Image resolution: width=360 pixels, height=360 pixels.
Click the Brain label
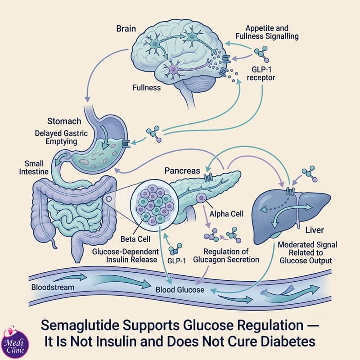pos(126,29)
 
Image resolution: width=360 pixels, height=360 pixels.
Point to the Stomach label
pos(64,121)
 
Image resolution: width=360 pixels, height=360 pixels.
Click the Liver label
pos(315,230)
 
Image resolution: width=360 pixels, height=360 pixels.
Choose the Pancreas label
pos(182,171)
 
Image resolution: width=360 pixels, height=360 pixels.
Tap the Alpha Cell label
pos(226,214)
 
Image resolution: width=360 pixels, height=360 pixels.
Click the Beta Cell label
pos(135,239)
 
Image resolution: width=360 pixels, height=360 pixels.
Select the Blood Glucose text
pos(180,290)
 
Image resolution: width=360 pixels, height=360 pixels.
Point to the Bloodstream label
pos(53,287)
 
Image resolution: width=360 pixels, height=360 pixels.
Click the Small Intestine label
pos(34,167)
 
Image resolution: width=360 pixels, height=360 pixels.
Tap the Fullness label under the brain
pos(147,88)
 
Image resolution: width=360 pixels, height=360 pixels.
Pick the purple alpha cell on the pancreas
pos(202,198)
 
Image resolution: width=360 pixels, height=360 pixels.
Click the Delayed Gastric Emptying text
pos(61,137)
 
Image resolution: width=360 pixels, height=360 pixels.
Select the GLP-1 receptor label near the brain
pos(261,73)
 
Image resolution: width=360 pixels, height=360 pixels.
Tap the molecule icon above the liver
pos(310,174)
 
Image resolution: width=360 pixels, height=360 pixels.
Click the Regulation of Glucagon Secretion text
pos(226,256)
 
